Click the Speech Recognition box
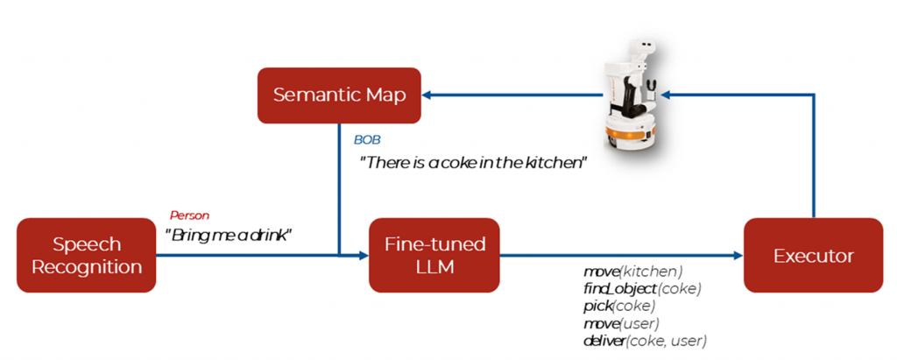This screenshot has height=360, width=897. pyautogui.click(x=86, y=255)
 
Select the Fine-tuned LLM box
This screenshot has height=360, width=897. pyautogui.click(x=434, y=255)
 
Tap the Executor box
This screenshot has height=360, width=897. pyautogui.click(x=813, y=255)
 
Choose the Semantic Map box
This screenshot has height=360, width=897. pyautogui.click(x=339, y=95)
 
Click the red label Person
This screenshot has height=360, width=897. pyautogui.click(x=189, y=215)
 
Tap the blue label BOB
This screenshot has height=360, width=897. pyautogui.click(x=367, y=139)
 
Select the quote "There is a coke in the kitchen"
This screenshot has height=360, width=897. pyautogui.click(x=472, y=162)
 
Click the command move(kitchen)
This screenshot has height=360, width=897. pyautogui.click(x=632, y=272)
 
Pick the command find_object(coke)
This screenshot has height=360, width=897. pyautogui.click(x=642, y=288)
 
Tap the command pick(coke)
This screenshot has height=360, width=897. pyautogui.click(x=618, y=306)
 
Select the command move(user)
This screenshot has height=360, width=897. pyautogui.click(x=621, y=323)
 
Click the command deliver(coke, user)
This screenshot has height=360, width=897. pyautogui.click(x=645, y=341)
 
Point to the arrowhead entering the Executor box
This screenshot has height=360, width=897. pyautogui.click(x=738, y=255)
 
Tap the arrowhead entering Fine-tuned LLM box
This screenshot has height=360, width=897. pyautogui.click(x=364, y=255)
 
